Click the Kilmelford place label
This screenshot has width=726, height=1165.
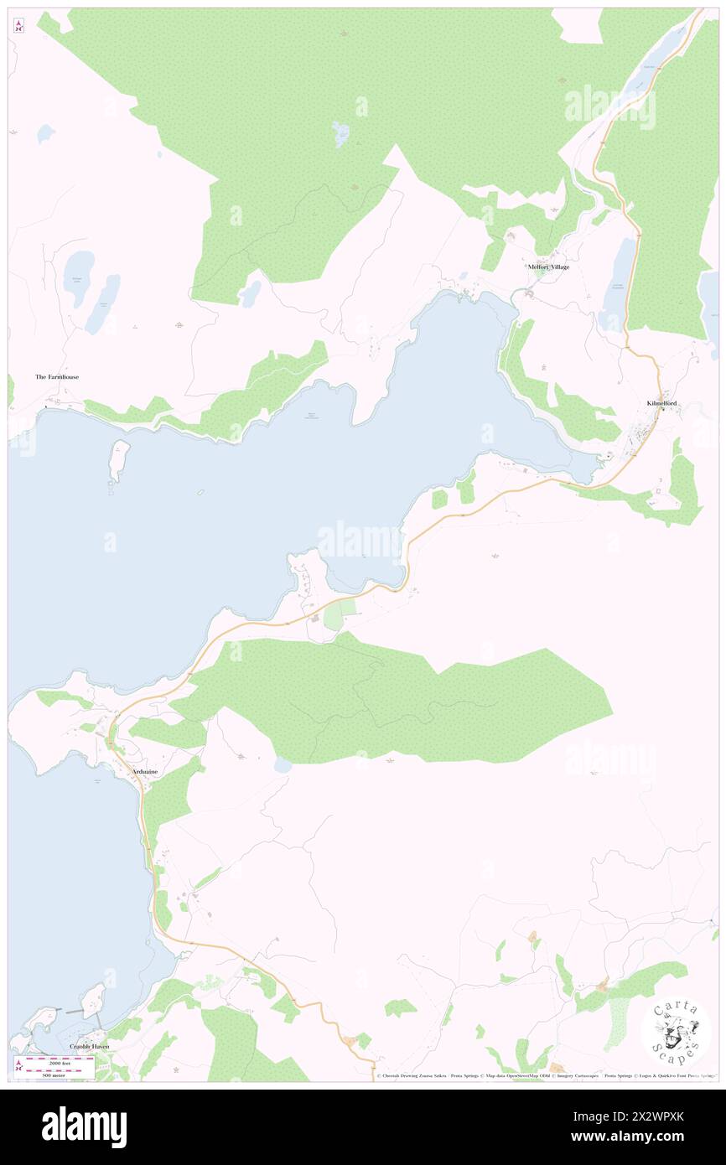(x=661, y=404)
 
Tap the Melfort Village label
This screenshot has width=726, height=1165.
(x=548, y=267)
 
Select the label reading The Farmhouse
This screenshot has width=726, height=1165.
(x=57, y=377)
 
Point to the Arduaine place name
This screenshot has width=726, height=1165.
(x=144, y=771)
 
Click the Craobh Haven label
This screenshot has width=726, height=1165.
(x=89, y=1047)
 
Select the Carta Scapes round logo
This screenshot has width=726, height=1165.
(x=676, y=1030)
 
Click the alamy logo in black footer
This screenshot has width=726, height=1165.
(x=84, y=1127)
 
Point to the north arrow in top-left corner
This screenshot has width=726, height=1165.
(x=18, y=26)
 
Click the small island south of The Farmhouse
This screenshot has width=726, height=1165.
(x=119, y=458)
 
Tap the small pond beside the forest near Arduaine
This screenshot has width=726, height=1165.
(x=283, y=765)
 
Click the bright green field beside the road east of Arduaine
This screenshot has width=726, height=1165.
(x=334, y=616)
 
